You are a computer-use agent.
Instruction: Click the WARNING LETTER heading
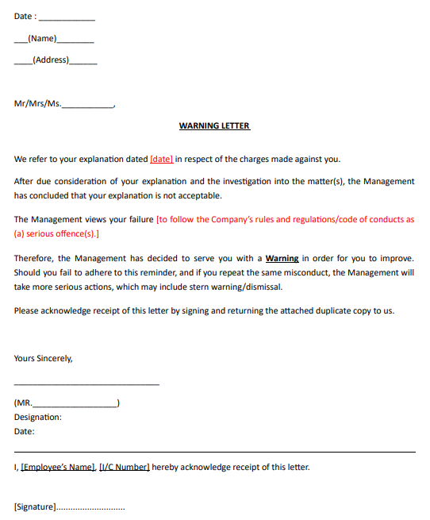point(214,125)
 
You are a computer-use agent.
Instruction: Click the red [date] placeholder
point(161,159)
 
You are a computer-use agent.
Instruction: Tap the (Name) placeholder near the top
point(42,38)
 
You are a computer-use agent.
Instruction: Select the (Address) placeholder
point(51,60)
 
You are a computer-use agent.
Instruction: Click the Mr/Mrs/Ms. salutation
point(37,104)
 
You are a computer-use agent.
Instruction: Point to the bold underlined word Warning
point(282,259)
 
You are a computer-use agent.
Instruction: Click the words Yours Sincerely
point(43,358)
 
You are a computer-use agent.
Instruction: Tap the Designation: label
point(37,417)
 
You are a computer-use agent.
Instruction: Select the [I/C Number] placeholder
point(125,467)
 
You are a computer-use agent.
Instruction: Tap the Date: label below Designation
point(25,432)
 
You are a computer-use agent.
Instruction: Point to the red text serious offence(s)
point(63,234)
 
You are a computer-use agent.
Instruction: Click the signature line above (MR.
point(86,385)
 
